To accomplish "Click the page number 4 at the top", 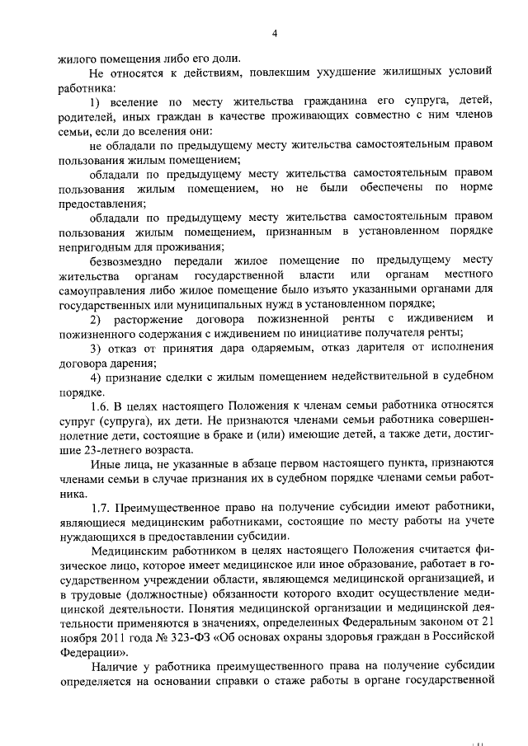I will [275, 34].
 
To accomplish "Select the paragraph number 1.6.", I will [101, 407].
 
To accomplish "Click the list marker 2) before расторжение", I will [96, 318].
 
